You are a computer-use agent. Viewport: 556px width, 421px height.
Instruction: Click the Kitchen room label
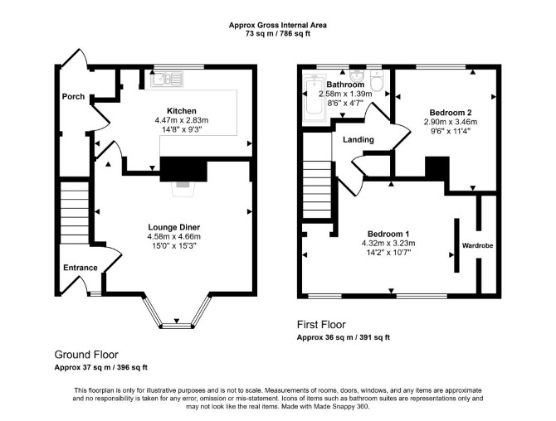click(x=182, y=111)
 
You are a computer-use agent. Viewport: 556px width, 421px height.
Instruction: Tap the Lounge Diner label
click(x=174, y=227)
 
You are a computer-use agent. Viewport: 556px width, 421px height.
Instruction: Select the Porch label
click(x=73, y=96)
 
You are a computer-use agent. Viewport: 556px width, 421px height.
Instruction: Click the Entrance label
click(x=80, y=268)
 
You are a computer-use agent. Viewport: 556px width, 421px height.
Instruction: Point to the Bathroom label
click(x=345, y=85)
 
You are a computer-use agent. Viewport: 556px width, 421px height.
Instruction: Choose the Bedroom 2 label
click(x=451, y=113)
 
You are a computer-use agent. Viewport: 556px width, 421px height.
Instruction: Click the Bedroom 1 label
click(x=388, y=234)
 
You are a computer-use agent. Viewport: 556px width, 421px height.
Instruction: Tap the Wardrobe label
click(x=477, y=245)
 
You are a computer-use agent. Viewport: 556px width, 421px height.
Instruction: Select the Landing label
click(x=358, y=140)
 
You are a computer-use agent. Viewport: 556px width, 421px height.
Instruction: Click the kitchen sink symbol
click(x=167, y=79)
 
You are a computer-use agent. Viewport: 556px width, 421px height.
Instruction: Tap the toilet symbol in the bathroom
click(x=377, y=80)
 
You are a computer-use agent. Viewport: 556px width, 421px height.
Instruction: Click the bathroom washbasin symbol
click(x=356, y=75)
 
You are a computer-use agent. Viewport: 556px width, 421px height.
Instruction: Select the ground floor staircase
click(x=74, y=212)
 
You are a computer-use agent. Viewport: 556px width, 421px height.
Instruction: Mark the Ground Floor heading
click(x=86, y=355)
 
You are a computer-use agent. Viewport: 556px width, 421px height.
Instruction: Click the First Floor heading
click(x=321, y=324)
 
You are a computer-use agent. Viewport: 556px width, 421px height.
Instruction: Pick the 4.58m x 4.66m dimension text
click(x=174, y=236)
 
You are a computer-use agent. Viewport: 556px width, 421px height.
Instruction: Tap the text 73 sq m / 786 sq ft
click(x=278, y=34)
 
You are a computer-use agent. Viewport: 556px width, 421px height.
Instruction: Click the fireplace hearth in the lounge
click(x=183, y=189)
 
